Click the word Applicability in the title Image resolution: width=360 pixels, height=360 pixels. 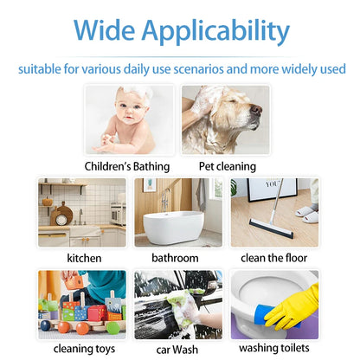[215, 32]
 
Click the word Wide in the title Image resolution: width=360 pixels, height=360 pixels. [104, 29]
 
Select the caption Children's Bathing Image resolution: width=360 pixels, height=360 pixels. [127, 166]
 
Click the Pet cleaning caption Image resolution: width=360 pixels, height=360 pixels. [228, 166]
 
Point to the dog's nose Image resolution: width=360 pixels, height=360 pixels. [256, 109]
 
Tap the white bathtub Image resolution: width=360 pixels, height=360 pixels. [173, 227]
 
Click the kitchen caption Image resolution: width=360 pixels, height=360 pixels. [84, 258]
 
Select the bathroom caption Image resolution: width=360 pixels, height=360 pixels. [175, 258]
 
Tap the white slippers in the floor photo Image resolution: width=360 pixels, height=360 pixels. [307, 214]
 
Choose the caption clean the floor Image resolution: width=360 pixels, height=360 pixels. [273, 258]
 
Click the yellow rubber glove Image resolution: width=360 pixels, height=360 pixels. [293, 307]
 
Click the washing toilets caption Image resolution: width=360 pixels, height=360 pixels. [274, 348]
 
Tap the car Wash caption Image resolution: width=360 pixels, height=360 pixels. [177, 350]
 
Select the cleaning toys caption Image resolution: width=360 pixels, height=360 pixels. [84, 349]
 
